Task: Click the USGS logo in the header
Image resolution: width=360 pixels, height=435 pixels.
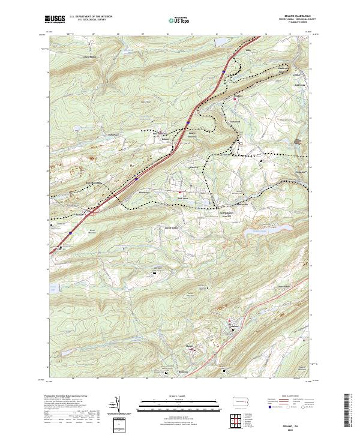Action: pos(55,20)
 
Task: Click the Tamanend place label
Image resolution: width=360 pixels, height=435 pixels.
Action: pos(235,124)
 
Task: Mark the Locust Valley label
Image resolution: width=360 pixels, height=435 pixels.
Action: pos(172,228)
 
